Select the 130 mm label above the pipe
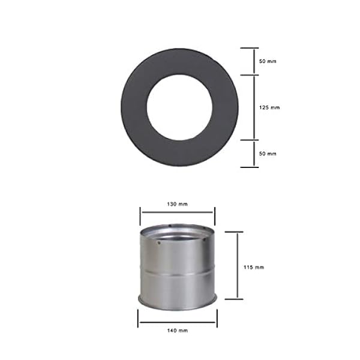tap(177, 204)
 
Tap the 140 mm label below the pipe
tap(178, 331)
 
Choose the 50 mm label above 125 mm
tap(268, 62)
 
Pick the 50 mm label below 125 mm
tap(268, 154)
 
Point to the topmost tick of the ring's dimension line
tap(250, 48)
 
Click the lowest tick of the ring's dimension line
tap(250, 167)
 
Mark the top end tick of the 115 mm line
tap(234, 232)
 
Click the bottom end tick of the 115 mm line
tap(234, 298)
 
